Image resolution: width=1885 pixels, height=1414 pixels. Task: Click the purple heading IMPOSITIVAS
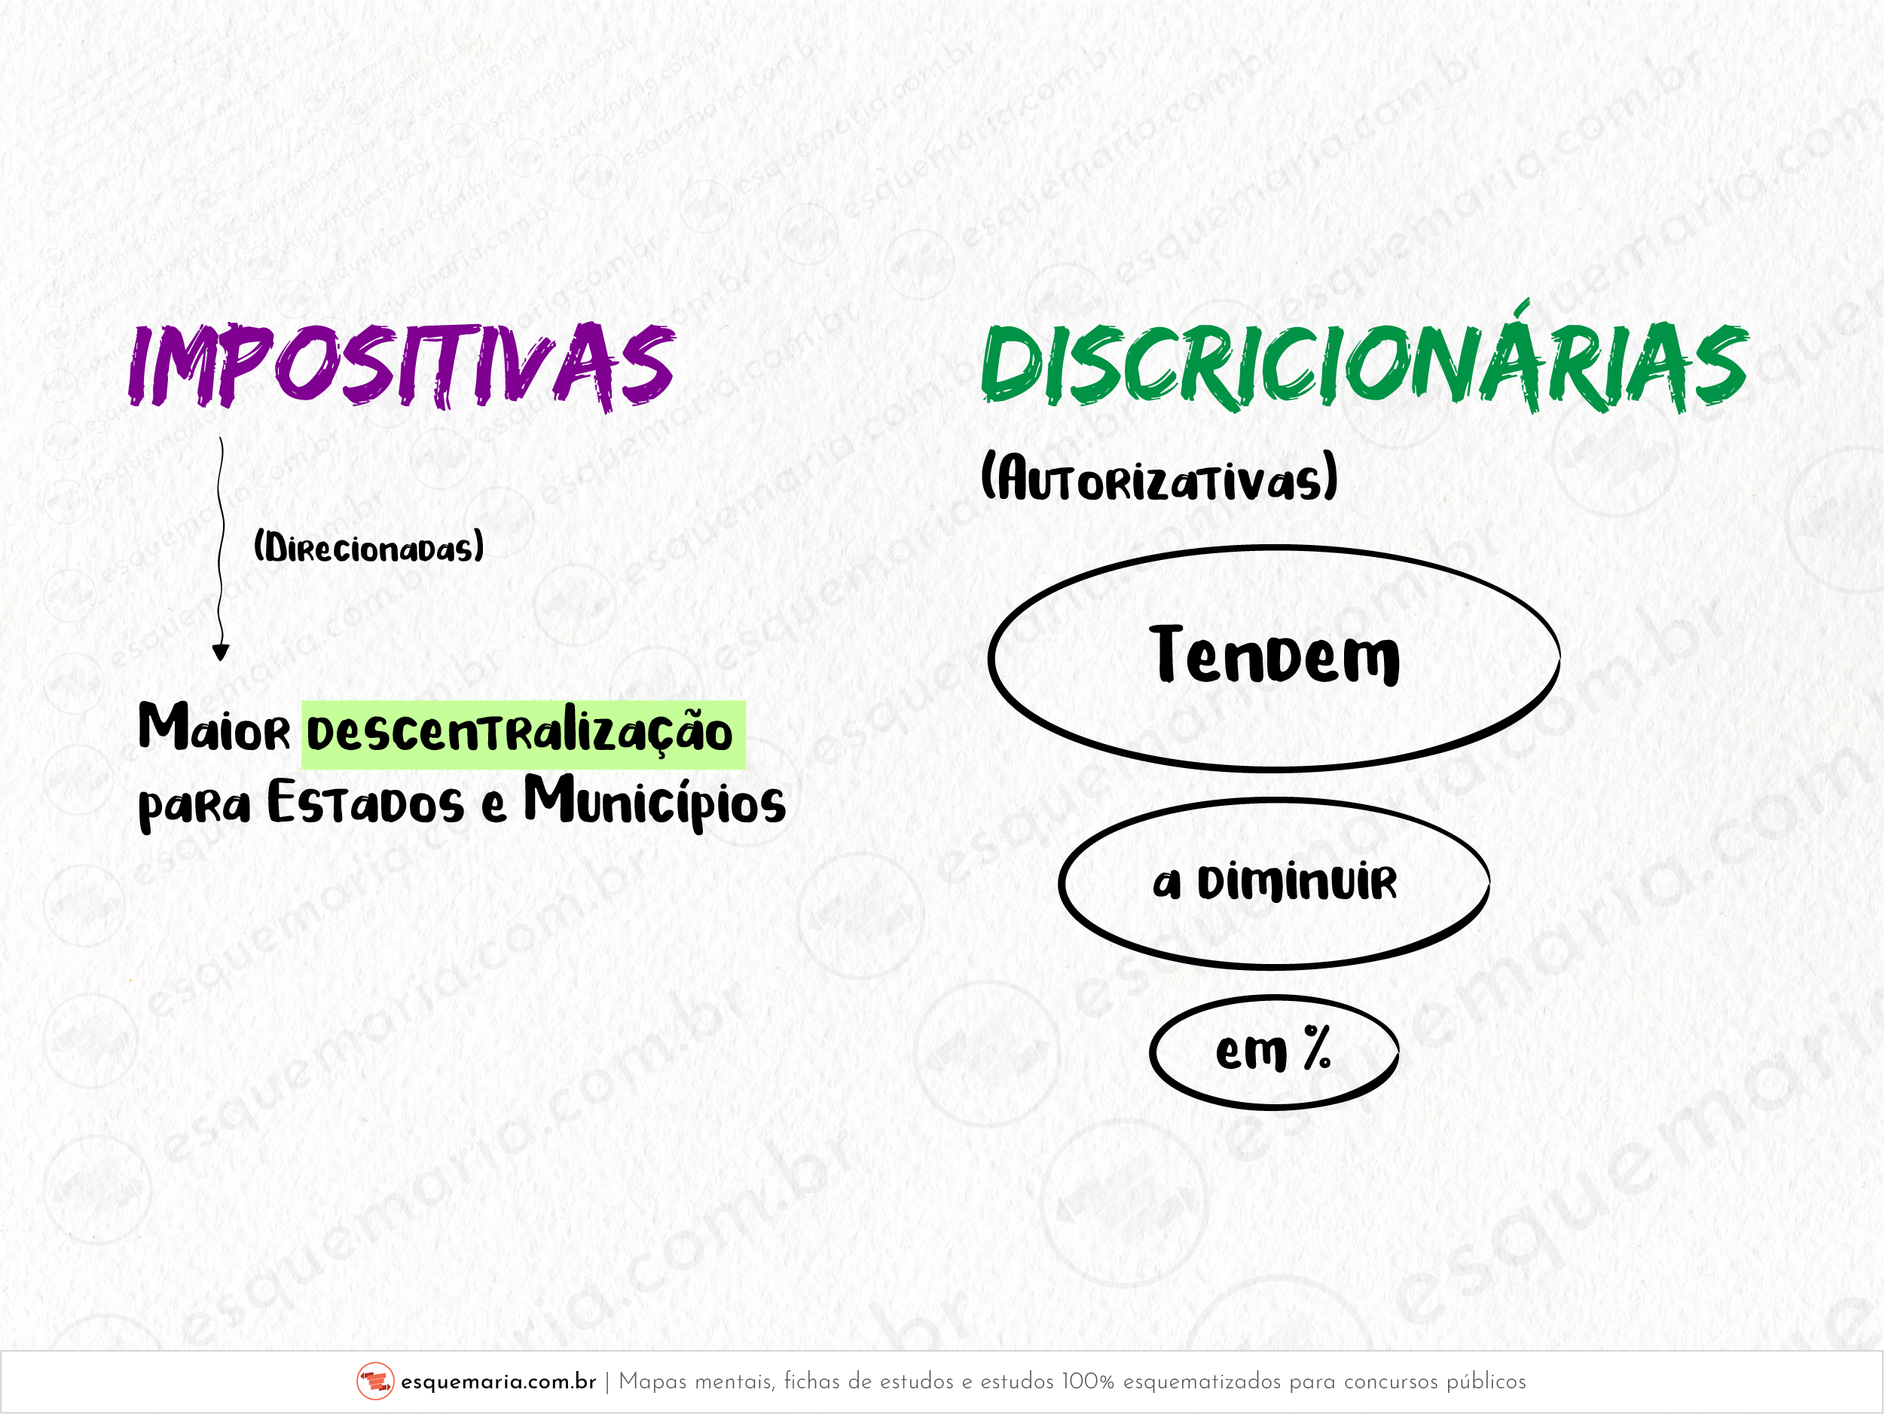tap(402, 366)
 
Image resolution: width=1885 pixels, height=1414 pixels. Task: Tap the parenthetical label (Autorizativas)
tap(1159, 477)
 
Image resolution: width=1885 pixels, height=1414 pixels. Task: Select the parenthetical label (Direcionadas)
tap(369, 546)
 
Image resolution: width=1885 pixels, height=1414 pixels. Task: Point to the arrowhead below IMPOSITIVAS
tap(221, 653)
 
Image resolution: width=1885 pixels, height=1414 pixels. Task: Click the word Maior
tap(215, 728)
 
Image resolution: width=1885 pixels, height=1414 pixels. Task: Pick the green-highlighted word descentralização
tap(520, 733)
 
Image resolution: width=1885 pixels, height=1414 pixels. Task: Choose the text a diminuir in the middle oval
tap(1275, 882)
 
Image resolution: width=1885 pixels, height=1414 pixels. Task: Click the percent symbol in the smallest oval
tap(1317, 1048)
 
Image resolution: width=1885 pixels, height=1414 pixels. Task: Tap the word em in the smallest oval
tap(1251, 1053)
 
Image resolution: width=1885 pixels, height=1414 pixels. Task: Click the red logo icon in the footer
tap(375, 1382)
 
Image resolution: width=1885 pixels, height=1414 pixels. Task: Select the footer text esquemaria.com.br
tap(499, 1382)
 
